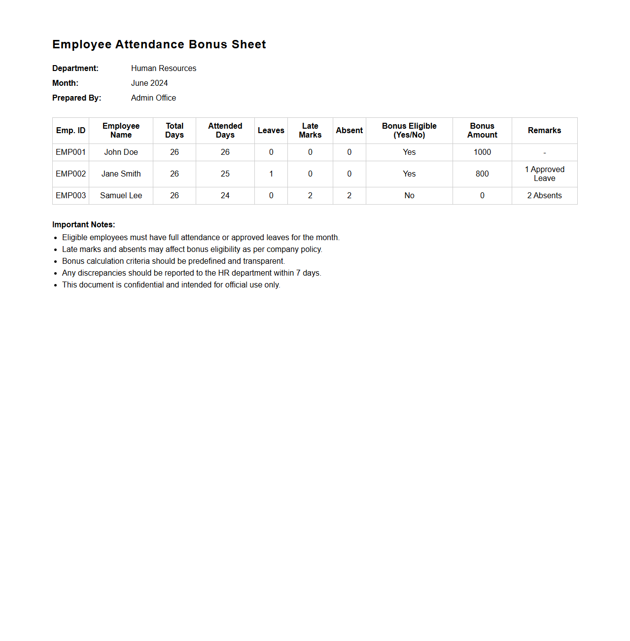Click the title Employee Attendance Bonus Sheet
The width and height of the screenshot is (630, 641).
(x=159, y=44)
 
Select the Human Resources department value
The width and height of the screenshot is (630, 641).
(x=163, y=69)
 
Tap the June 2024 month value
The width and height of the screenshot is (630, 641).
(x=149, y=83)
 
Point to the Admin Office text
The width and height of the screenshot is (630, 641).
(x=153, y=98)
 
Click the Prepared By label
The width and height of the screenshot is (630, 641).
(x=76, y=98)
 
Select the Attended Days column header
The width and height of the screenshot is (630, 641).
(x=225, y=131)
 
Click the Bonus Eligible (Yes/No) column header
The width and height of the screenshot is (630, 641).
(x=409, y=131)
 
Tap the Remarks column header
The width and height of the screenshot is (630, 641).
(x=544, y=131)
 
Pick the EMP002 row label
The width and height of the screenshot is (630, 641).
(x=70, y=174)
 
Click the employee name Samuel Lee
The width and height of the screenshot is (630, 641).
(x=121, y=196)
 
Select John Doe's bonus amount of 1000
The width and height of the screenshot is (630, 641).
(x=482, y=152)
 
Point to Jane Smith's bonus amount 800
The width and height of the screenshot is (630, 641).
(x=482, y=174)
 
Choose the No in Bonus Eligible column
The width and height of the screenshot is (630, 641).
(x=409, y=196)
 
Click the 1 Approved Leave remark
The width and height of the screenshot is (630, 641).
(x=544, y=174)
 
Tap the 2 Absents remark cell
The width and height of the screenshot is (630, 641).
(x=544, y=196)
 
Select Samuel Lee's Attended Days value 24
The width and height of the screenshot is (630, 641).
(x=225, y=196)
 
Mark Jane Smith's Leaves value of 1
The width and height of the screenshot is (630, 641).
(x=271, y=174)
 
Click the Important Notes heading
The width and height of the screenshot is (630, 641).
(x=83, y=225)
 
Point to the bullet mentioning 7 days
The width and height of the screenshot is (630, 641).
(x=191, y=273)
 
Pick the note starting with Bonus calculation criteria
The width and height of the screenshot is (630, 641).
(x=173, y=261)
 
